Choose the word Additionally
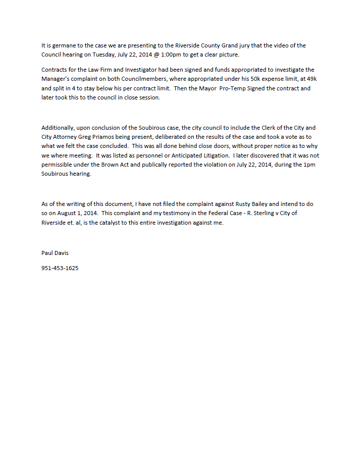coord(59,128)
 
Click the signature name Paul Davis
coord(55,253)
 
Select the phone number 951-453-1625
coord(60,268)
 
